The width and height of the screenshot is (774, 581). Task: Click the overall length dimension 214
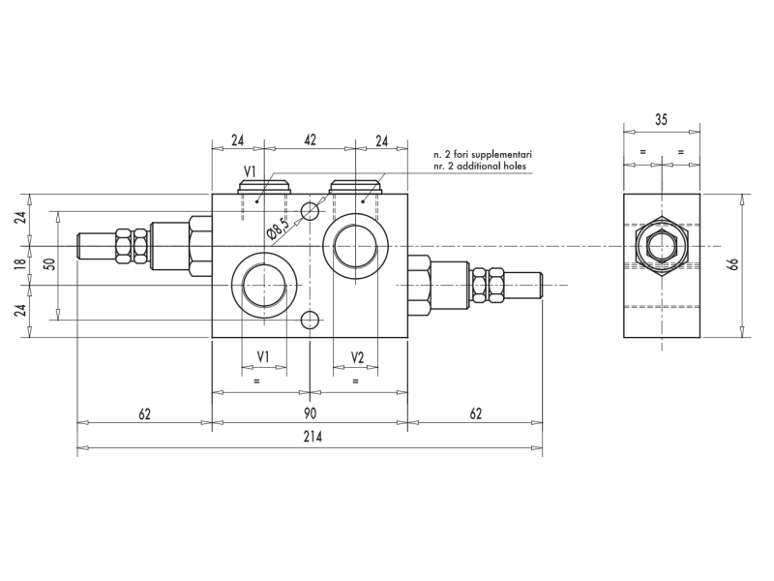pos(311,437)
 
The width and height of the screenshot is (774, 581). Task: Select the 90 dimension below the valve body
pos(311,413)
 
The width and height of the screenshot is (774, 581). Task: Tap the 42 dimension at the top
pos(311,140)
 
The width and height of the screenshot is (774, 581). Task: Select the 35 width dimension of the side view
pos(661,120)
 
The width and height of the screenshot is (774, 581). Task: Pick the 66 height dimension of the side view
pos(733,264)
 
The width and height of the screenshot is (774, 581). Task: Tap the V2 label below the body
pos(356,357)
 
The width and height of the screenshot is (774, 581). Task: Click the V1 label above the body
pos(250,171)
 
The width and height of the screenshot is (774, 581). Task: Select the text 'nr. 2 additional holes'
pos(483,167)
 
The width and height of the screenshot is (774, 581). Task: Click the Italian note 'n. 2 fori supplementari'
pos(483,154)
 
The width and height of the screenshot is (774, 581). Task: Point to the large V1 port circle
pos(262,285)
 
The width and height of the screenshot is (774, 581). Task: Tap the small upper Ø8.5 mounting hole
pos(310,211)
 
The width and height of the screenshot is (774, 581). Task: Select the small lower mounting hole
pos(310,320)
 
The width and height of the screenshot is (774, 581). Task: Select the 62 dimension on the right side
pos(475,413)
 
